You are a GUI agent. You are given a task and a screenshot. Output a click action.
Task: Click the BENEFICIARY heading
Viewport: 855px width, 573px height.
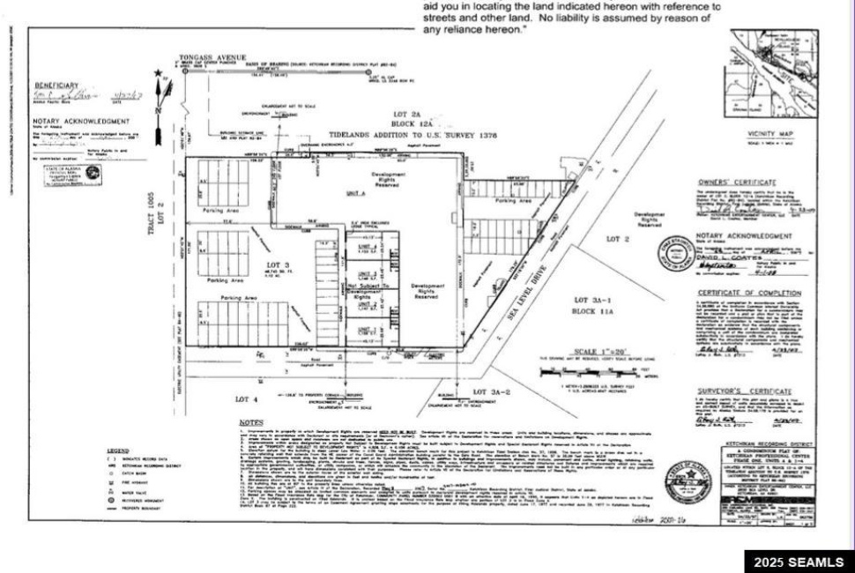tap(56, 85)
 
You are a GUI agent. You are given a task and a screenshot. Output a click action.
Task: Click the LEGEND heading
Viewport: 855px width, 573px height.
tap(117, 450)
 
